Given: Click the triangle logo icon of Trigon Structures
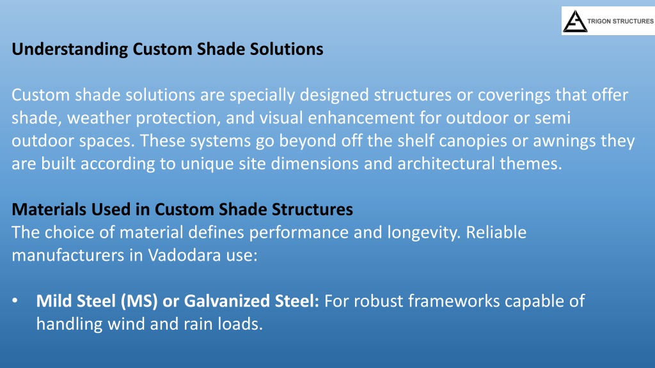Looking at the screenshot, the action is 575,21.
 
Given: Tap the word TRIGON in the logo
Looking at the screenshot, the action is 599,21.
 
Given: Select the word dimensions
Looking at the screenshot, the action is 315,164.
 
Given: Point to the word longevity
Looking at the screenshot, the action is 423,233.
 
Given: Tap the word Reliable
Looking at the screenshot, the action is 496,233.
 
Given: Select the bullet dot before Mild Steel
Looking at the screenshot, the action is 15,300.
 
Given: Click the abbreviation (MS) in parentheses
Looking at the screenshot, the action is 139,302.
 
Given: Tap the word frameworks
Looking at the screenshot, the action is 454,302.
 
